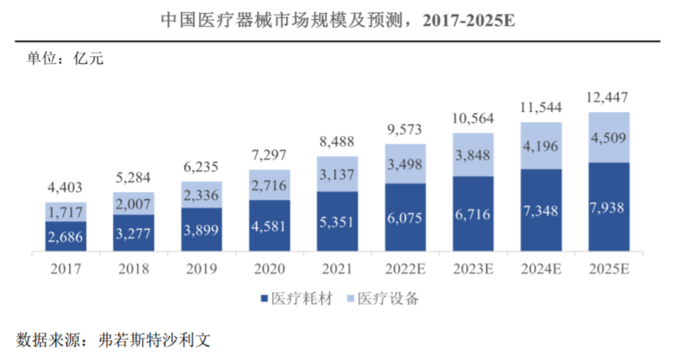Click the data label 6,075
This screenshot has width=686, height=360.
(405, 219)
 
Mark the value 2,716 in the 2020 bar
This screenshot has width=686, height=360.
(269, 187)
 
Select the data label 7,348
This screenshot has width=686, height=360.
(541, 210)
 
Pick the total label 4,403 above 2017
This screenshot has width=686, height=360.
(65, 186)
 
